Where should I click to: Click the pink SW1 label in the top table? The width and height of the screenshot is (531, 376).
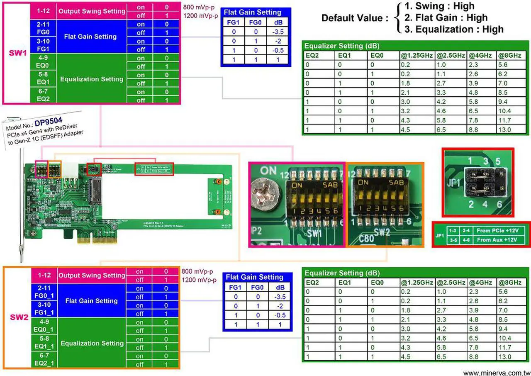[18, 54]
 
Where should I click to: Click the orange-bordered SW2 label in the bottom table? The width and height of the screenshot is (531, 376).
[19, 317]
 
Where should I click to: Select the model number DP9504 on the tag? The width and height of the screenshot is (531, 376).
[49, 122]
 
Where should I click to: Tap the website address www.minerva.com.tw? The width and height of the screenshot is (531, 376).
[497, 373]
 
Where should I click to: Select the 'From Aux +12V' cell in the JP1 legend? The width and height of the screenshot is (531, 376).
[498, 240]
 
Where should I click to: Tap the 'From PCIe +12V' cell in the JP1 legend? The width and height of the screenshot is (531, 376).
[498, 230]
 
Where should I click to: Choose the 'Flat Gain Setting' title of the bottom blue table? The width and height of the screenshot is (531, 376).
[253, 277]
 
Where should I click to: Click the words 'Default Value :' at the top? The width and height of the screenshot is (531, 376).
[355, 18]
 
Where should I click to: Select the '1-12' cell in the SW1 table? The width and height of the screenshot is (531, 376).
[44, 12]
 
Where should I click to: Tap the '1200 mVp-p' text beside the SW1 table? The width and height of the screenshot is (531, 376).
[200, 16]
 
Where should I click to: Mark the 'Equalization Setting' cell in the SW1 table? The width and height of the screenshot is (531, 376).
[91, 79]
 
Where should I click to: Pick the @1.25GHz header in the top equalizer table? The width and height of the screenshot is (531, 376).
[417, 55]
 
